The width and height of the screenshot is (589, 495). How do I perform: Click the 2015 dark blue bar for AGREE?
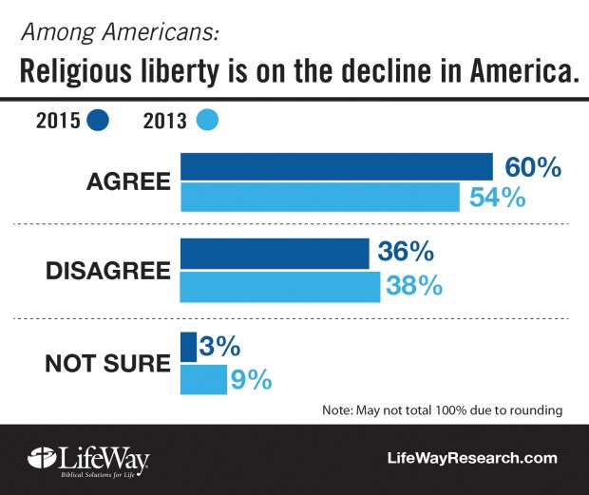point(335,166)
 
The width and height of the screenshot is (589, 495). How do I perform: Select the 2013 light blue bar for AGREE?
point(318,198)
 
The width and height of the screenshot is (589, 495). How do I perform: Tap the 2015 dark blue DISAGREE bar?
point(274,254)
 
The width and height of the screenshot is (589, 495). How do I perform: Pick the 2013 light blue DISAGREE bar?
point(279,286)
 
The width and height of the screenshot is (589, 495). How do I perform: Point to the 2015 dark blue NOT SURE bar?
point(188,346)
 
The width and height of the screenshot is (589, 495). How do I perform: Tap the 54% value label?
point(496,199)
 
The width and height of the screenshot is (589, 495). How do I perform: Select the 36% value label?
point(407,254)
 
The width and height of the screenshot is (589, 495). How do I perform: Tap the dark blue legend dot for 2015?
point(97,121)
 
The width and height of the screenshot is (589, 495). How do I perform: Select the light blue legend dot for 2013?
point(206,121)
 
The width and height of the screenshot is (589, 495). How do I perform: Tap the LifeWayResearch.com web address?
point(471,458)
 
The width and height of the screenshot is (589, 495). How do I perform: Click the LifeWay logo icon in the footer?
point(39,457)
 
